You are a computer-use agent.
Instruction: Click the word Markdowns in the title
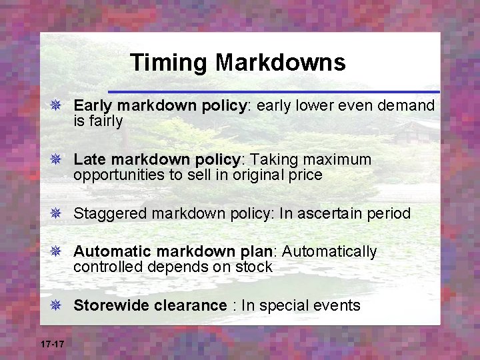pos(280,63)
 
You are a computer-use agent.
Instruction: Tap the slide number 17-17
pos(52,344)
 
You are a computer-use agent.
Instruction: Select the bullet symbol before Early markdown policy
pos(56,105)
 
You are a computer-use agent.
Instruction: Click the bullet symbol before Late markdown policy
pos(56,160)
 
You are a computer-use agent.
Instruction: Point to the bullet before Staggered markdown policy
pos(56,213)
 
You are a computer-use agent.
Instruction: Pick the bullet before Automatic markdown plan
pos(56,252)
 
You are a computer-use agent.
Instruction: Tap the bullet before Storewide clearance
pos(56,305)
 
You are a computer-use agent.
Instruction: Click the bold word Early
pos(92,105)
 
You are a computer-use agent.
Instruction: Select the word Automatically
pos(330,252)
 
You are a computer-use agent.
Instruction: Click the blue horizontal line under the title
pos(273,91)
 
